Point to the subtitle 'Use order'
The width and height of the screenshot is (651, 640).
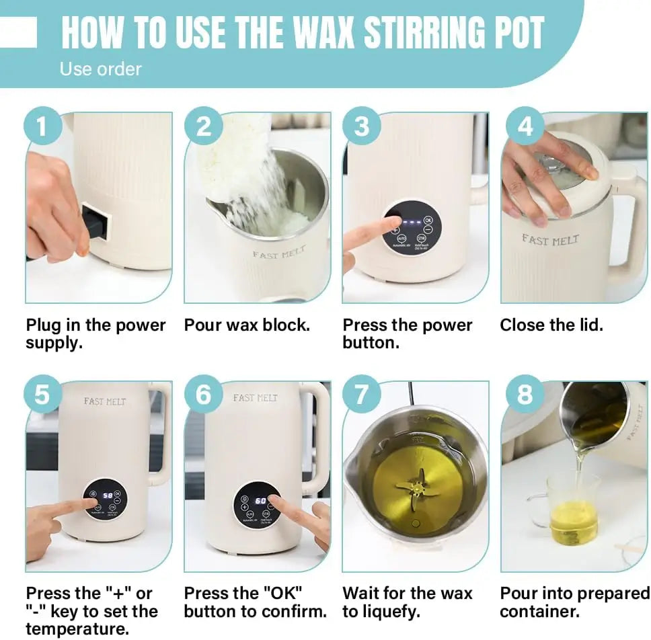click(100, 69)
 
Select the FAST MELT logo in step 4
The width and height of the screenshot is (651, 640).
click(550, 240)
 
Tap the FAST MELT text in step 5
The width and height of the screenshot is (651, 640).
click(105, 401)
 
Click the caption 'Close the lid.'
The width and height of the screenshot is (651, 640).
click(551, 325)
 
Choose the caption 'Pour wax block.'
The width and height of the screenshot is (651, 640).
click(247, 325)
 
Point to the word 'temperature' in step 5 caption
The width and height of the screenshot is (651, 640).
click(77, 629)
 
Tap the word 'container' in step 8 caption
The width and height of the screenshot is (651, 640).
click(537, 612)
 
